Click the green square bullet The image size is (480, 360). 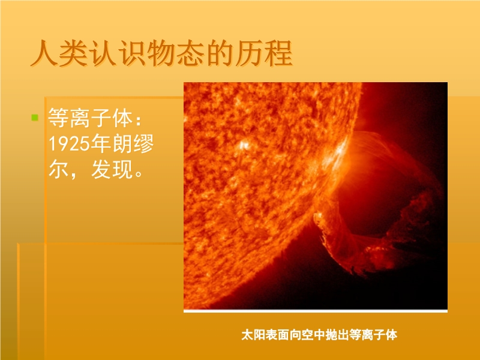click(x=35, y=118)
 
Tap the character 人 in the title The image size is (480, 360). click(x=44, y=54)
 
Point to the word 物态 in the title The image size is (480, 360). click(x=175, y=54)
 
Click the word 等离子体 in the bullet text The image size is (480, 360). click(x=91, y=118)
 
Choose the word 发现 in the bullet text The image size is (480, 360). click(x=112, y=169)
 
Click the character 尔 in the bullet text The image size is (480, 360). click(x=58, y=169)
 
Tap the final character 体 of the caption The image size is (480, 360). click(x=391, y=335)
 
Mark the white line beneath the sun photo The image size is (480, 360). click(x=316, y=311)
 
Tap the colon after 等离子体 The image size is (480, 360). click(x=139, y=120)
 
